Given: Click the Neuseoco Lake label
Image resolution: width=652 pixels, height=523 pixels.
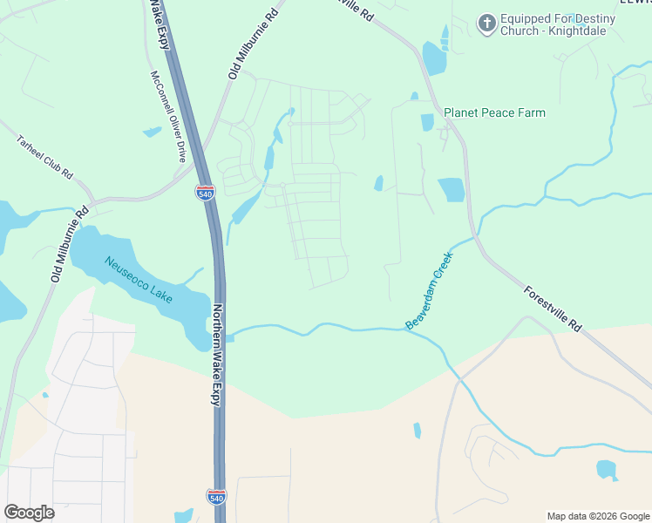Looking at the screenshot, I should [138, 279].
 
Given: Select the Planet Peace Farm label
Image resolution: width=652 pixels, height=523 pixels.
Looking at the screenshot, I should [494, 112].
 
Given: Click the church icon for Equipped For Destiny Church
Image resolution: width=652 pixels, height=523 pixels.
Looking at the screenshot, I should [488, 23].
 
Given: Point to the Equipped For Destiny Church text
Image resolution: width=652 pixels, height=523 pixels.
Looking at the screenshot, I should [558, 24].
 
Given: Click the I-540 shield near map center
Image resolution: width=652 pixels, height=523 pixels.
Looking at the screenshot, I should [206, 193].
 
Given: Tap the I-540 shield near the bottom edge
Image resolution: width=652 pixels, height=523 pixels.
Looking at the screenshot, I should [217, 497].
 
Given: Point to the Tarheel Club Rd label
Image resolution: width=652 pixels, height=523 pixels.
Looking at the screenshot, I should [44, 158].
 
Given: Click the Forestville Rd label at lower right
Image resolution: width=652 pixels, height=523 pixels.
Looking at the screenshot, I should [553, 308].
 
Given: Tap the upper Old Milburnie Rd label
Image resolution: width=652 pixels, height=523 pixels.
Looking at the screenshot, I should [253, 45].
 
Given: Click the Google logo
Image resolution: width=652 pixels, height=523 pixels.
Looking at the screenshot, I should [29, 513].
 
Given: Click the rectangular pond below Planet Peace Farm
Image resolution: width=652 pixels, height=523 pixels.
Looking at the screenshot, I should [452, 189].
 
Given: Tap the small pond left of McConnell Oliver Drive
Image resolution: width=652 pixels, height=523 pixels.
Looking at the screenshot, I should [153, 132].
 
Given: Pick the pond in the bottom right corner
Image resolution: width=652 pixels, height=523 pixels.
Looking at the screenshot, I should [607, 470].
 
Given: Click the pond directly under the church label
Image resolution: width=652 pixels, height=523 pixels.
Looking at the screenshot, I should [433, 59].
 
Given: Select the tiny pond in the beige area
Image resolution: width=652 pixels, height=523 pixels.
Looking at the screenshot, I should [418, 430].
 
